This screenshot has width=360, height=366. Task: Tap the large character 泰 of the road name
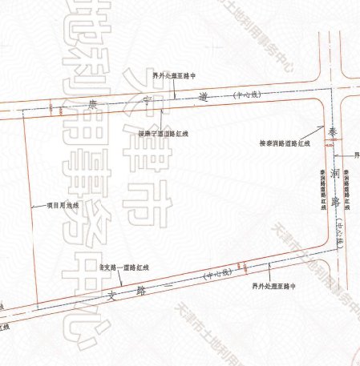[x=331, y=130]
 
